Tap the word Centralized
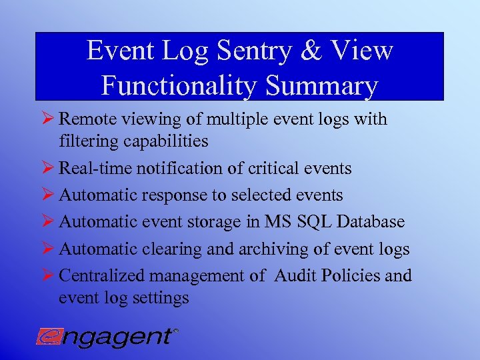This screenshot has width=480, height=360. point(102,275)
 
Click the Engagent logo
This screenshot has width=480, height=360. point(107,336)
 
